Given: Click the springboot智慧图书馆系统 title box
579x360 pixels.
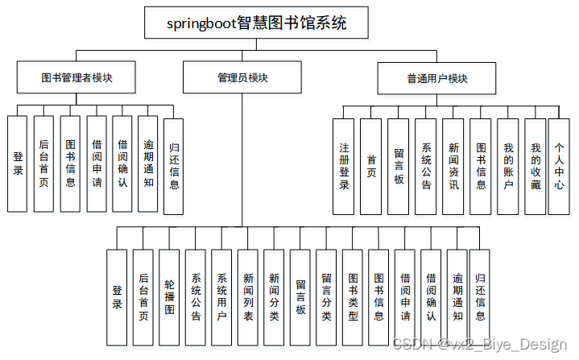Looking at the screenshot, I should (x=256, y=23).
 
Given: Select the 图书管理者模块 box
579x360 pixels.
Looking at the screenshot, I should (x=77, y=78).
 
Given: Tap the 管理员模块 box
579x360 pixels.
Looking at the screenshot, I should (x=242, y=78).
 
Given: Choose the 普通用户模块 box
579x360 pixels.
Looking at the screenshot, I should (x=437, y=79).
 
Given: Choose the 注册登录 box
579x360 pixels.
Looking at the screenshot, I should (x=344, y=167).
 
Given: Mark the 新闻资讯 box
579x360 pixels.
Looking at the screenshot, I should (x=453, y=167).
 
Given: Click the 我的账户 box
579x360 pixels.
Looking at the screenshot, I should (x=508, y=167).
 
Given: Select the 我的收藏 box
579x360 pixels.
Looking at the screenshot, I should (x=536, y=167).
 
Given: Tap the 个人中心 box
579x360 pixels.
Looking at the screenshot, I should (x=560, y=167).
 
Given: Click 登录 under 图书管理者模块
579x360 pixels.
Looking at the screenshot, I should (x=18, y=164).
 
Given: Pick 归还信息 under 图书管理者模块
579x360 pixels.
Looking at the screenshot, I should (x=174, y=167).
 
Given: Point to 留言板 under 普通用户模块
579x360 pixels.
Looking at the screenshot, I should (x=399, y=167).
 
